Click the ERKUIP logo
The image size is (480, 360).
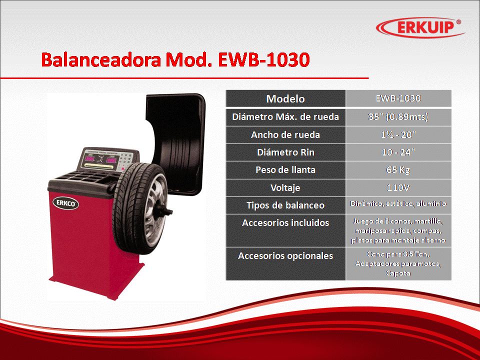(x=420, y=27)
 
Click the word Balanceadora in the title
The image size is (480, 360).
(x=101, y=59)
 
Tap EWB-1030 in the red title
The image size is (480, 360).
(x=263, y=59)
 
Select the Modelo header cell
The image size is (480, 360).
(x=285, y=98)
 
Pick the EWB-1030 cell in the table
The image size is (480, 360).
(x=398, y=98)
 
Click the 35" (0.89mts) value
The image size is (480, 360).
(x=398, y=116)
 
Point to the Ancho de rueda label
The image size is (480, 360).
(x=285, y=134)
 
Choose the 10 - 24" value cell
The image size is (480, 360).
(x=398, y=152)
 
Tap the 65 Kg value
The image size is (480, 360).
(x=398, y=170)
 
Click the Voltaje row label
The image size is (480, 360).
(x=285, y=187)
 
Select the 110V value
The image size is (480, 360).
(x=398, y=187)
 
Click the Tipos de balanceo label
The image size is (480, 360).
(x=285, y=205)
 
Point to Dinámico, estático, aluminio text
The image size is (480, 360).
(x=398, y=203)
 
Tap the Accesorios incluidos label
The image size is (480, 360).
(x=285, y=223)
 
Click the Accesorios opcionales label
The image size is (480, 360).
(x=285, y=255)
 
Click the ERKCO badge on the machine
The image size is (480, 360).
(x=66, y=203)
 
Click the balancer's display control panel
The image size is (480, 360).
(x=107, y=160)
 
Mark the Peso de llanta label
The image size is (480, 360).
(x=285, y=170)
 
